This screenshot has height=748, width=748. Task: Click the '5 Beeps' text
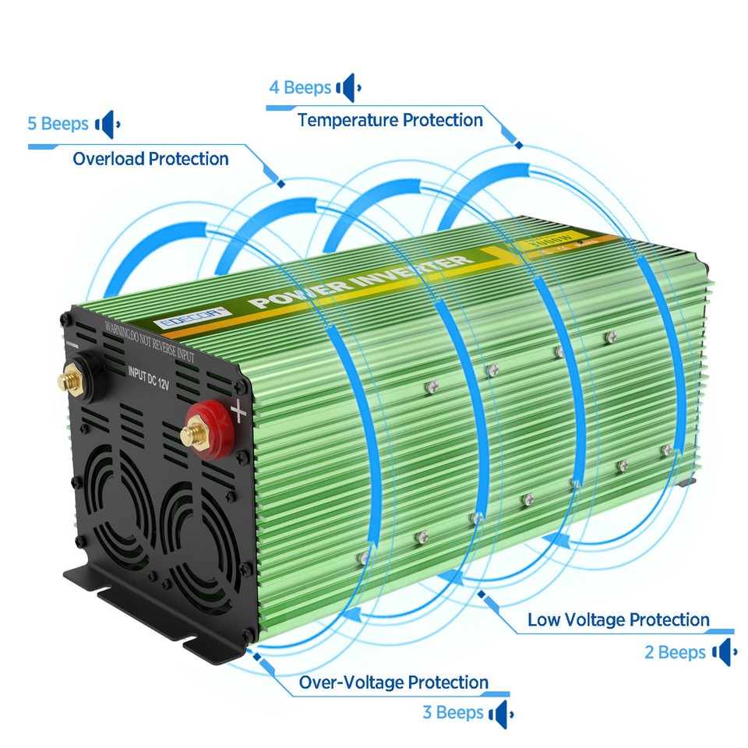pos(58,124)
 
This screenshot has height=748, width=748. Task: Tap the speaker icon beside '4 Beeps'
pos(348,88)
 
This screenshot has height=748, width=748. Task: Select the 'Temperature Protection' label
pos(390,120)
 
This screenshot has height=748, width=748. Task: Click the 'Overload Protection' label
pos(150,159)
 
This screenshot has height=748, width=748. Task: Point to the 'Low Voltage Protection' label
pos(618,620)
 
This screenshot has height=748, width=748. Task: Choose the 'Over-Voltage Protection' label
pos(393,683)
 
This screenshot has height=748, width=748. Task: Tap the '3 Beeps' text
pos(452,712)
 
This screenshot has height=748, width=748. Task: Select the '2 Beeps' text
pos(674,652)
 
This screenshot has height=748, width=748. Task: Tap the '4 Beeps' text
pos(299,87)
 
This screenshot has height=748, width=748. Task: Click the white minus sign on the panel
pos(72,343)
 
